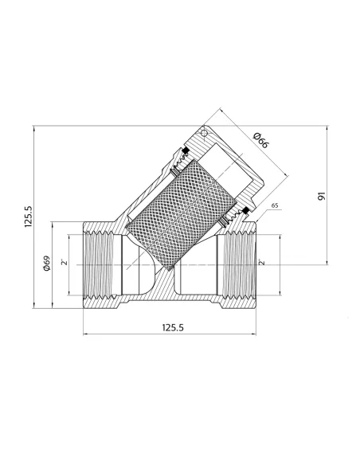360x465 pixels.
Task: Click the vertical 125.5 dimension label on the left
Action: (x=28, y=217)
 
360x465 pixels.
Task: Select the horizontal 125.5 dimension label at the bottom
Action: (x=173, y=328)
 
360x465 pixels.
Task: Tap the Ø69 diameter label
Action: (x=47, y=263)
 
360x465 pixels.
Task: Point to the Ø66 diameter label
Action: (x=261, y=141)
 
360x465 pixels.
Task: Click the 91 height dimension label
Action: (x=322, y=196)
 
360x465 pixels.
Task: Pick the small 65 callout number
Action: (x=275, y=205)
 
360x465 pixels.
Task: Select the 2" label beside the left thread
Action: (x=65, y=262)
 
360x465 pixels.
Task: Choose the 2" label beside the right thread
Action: (x=261, y=262)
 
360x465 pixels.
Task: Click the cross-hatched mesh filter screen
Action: (x=181, y=215)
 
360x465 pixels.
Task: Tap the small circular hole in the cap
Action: (x=204, y=134)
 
